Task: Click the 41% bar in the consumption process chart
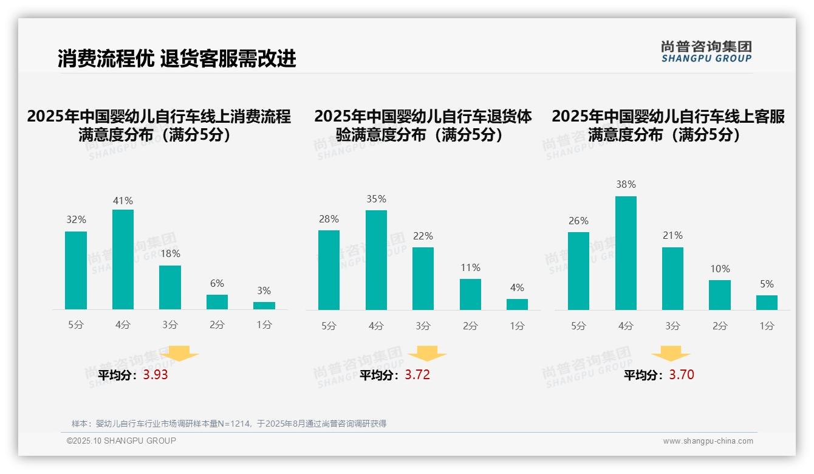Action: pyautogui.click(x=123, y=259)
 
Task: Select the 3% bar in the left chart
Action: pyautogui.click(x=264, y=306)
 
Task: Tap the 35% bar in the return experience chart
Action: pyautogui.click(x=376, y=260)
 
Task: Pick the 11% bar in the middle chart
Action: pyautogui.click(x=470, y=294)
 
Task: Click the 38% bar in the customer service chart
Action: pyautogui.click(x=626, y=253)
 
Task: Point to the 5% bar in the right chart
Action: pyautogui.click(x=767, y=303)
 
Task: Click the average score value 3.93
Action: pyautogui.click(x=156, y=375)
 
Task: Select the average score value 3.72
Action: pyautogui.click(x=417, y=375)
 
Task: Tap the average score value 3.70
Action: pyautogui.click(x=682, y=375)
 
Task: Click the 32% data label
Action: pyautogui.click(x=76, y=220)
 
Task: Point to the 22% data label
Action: pyautogui.click(x=423, y=236)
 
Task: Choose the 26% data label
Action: pyautogui.click(x=578, y=221)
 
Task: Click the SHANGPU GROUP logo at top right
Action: pyautogui.click(x=706, y=52)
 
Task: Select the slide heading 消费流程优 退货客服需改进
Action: pyautogui.click(x=177, y=58)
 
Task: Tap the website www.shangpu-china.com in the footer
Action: pyautogui.click(x=708, y=441)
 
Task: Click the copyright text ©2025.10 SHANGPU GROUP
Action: pyautogui.click(x=121, y=441)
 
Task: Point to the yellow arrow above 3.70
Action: pyautogui.click(x=671, y=354)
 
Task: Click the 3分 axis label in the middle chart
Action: pyautogui.click(x=423, y=326)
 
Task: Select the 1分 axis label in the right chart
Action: pyautogui.click(x=767, y=326)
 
